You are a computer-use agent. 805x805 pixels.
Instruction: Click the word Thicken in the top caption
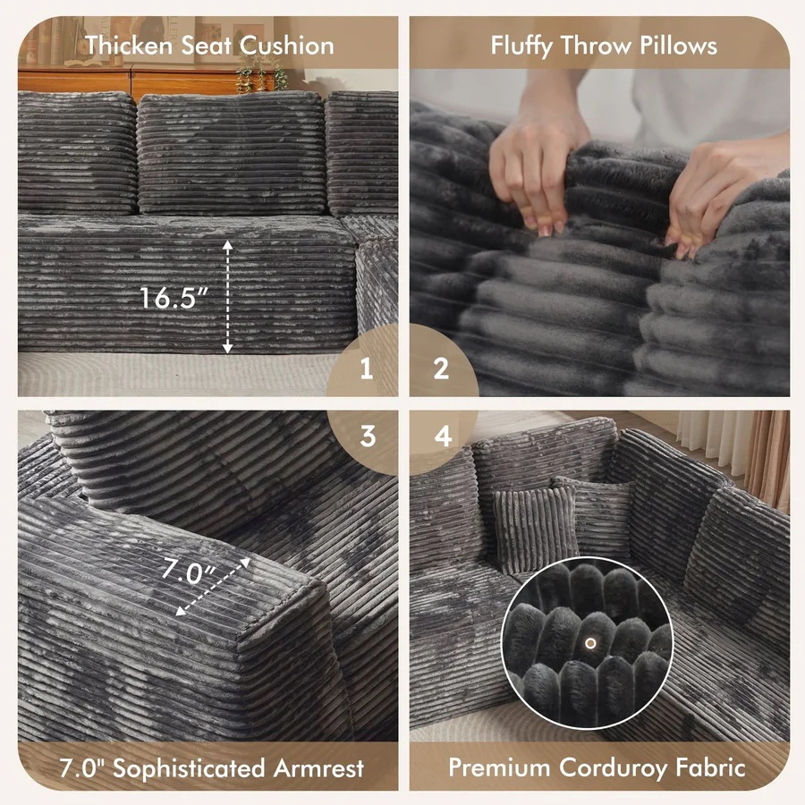129,46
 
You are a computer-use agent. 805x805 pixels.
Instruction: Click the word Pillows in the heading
678,46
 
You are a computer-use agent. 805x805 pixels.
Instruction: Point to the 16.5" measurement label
174,298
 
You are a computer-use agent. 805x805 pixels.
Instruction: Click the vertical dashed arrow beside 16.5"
227,297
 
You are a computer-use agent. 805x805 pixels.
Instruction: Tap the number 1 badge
366,369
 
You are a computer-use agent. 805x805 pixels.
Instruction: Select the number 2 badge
441,369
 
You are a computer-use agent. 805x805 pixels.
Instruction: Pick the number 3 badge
367,436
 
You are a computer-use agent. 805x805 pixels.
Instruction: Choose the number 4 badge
443,436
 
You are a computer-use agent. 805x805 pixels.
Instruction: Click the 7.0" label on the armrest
189,572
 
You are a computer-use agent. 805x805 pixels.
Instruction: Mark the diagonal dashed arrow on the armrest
213,586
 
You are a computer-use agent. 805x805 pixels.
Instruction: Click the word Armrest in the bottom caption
318,768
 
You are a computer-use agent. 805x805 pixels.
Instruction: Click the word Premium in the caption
499,767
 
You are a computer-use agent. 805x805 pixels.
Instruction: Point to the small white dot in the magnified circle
590,643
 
